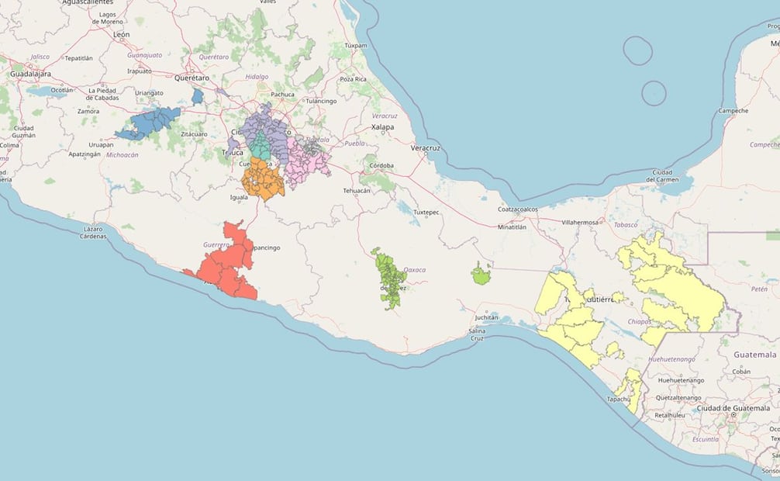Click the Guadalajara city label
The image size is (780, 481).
[30, 74]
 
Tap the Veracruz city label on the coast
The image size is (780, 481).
[425, 147]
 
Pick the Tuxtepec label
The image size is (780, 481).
[427, 212]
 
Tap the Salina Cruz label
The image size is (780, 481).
[477, 335]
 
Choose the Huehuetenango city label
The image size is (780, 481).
[680, 380]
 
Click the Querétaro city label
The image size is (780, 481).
[193, 78]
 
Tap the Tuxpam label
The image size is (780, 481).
[355, 46]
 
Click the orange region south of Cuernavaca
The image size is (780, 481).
[262, 180]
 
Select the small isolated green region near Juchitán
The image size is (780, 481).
[481, 274]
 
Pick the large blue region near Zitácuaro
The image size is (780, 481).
[151, 123]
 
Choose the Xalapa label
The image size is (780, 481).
[383, 126]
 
